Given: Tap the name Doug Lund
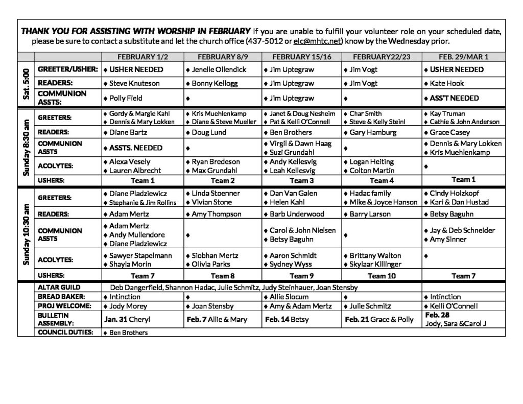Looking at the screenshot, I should click(x=210, y=132).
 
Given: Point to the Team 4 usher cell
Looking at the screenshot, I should click(x=378, y=180).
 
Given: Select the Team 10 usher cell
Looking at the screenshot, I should click(x=378, y=276).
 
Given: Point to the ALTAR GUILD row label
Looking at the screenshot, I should click(x=59, y=288).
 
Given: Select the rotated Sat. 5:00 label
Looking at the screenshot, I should click(x=26, y=83).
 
